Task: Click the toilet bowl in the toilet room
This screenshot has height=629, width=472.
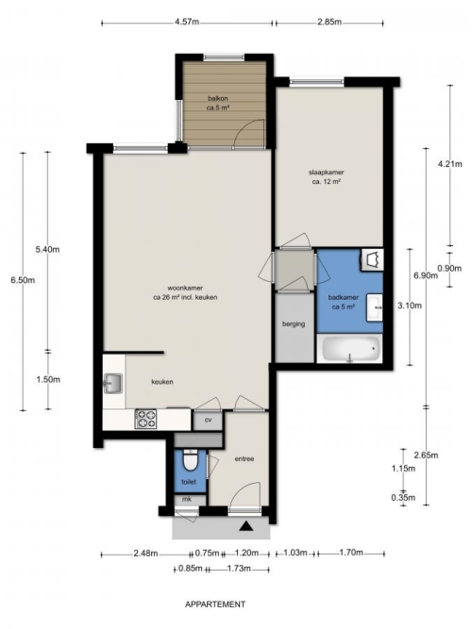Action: coord(189,460)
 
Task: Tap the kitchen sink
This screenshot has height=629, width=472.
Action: coord(113,383)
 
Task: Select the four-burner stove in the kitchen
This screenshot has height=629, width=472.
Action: coord(145,419)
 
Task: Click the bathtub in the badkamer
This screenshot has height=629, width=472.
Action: coord(349,349)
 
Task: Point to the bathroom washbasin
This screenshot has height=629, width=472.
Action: coord(374,307)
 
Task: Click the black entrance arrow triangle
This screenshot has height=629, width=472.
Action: coord(245,526)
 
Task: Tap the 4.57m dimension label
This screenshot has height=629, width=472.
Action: coord(187,22)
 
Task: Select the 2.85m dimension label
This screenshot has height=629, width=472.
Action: coord(329,22)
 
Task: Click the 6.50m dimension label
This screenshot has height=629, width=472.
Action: coord(23,280)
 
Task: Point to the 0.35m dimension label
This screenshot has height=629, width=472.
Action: coord(403,498)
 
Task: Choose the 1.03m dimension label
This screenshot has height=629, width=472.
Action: coord(295,553)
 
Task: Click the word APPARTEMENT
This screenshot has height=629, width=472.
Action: coord(215,604)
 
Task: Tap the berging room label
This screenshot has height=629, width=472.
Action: coord(294,323)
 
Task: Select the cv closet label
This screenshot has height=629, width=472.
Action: coord(208,420)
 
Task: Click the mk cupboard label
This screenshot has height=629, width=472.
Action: coord(187,500)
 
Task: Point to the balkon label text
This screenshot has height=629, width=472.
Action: coord(218,98)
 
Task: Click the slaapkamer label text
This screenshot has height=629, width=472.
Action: coord(327,173)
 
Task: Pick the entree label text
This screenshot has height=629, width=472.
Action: coord(244,459)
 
